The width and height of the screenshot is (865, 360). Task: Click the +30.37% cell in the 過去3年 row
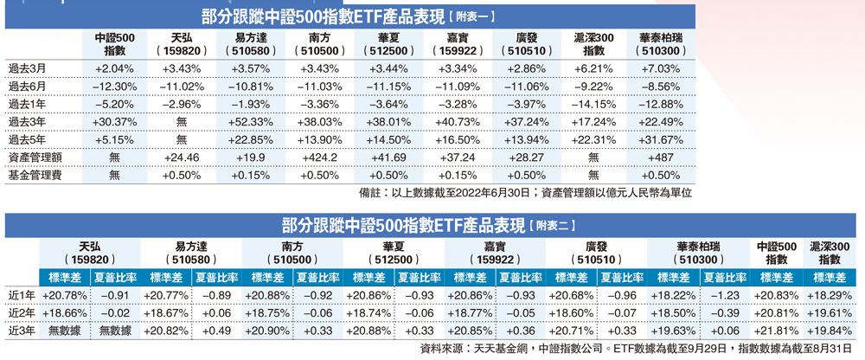115,121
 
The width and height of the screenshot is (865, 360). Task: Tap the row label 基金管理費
32,176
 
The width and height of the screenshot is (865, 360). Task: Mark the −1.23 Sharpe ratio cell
725,295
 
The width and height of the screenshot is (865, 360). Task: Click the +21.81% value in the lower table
776,331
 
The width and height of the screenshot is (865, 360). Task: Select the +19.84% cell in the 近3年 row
830,331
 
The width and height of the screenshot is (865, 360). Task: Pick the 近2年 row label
20,313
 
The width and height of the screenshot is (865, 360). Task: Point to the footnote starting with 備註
524,193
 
